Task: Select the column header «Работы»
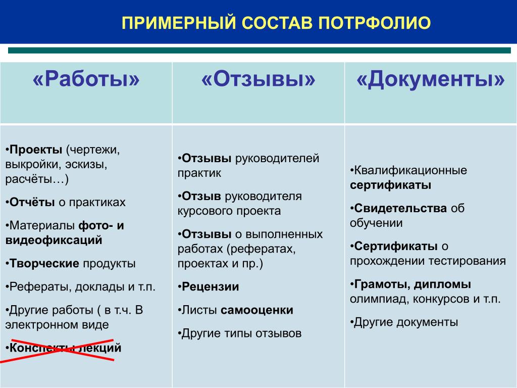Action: coord(86,79)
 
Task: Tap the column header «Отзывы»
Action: coord(258,79)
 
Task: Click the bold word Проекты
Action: coord(36,150)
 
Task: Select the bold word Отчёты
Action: coord(32,202)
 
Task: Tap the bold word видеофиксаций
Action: coord(54,240)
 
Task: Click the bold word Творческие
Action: coord(44,264)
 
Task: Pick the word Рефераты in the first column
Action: coord(40,287)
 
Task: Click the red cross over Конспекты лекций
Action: coord(58,350)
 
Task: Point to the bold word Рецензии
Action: coord(211,287)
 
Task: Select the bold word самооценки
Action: coord(257,310)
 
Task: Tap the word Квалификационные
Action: coord(410,171)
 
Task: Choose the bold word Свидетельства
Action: coord(400,209)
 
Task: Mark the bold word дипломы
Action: coord(442,284)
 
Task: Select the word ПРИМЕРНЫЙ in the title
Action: coord(179,23)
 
